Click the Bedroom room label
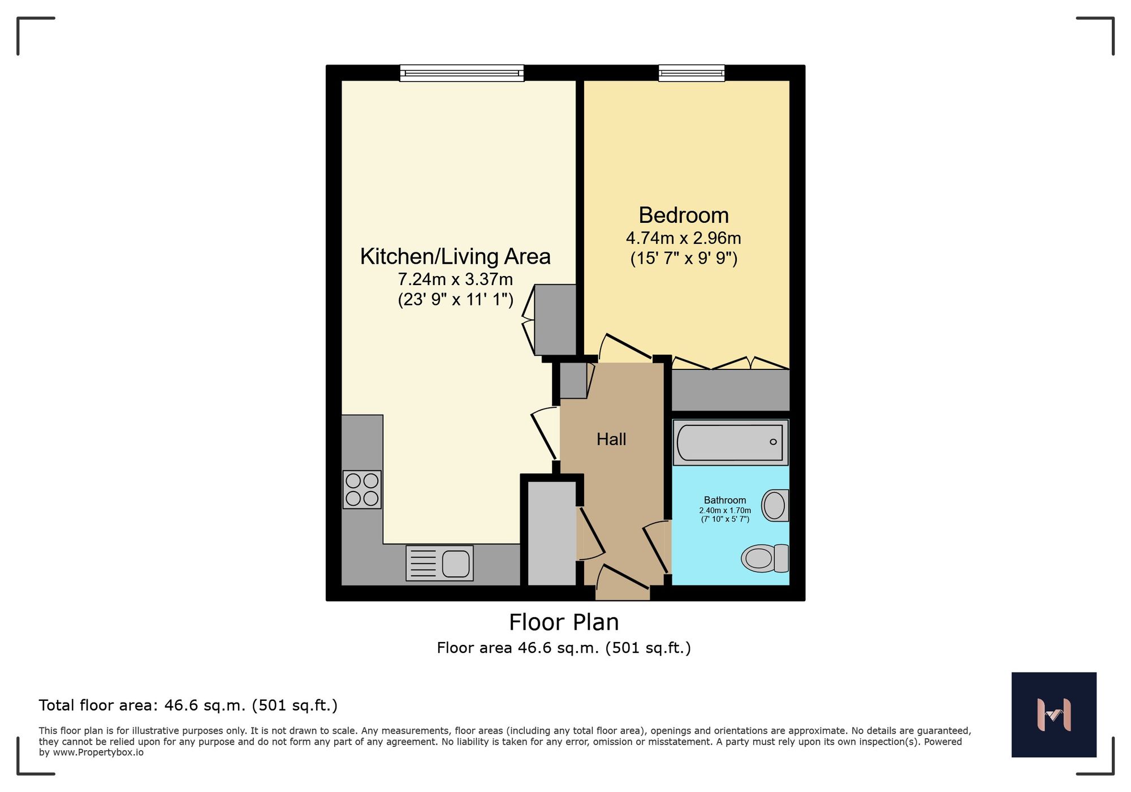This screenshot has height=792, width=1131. click(x=683, y=216)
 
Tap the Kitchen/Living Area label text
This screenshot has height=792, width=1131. click(x=455, y=256)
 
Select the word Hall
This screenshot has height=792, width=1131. click(x=611, y=440)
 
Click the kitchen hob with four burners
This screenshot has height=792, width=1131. click(x=362, y=489)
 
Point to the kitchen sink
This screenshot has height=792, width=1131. click(x=440, y=563)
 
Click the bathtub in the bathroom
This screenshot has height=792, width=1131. click(x=730, y=442)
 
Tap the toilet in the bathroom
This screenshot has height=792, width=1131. click(x=765, y=558)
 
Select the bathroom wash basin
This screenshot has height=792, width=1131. click(x=775, y=505)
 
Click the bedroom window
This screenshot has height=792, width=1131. click(x=691, y=73)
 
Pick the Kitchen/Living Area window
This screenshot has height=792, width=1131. click(x=461, y=73)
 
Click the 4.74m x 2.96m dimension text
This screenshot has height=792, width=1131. click(x=683, y=238)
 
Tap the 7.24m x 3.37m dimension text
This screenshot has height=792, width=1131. click(x=455, y=279)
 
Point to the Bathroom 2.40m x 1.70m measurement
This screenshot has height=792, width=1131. click(x=725, y=510)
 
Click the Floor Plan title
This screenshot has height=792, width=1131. click(x=564, y=622)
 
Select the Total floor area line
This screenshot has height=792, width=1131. click(x=188, y=705)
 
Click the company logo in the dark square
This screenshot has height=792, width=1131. click(x=1054, y=714)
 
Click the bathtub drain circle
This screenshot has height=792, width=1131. click(x=773, y=442)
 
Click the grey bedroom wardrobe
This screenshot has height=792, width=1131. click(x=730, y=390)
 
